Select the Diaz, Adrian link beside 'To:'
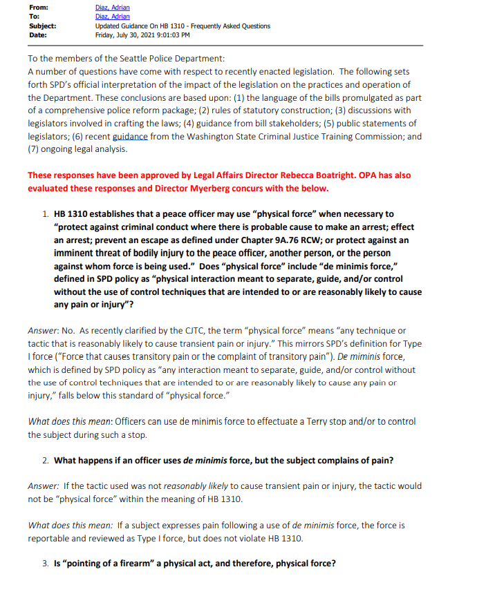click(x=112, y=17)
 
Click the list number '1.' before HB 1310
click(x=46, y=215)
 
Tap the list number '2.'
click(x=46, y=460)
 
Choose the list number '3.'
click(x=46, y=563)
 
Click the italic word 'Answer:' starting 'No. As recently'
click(x=43, y=331)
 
